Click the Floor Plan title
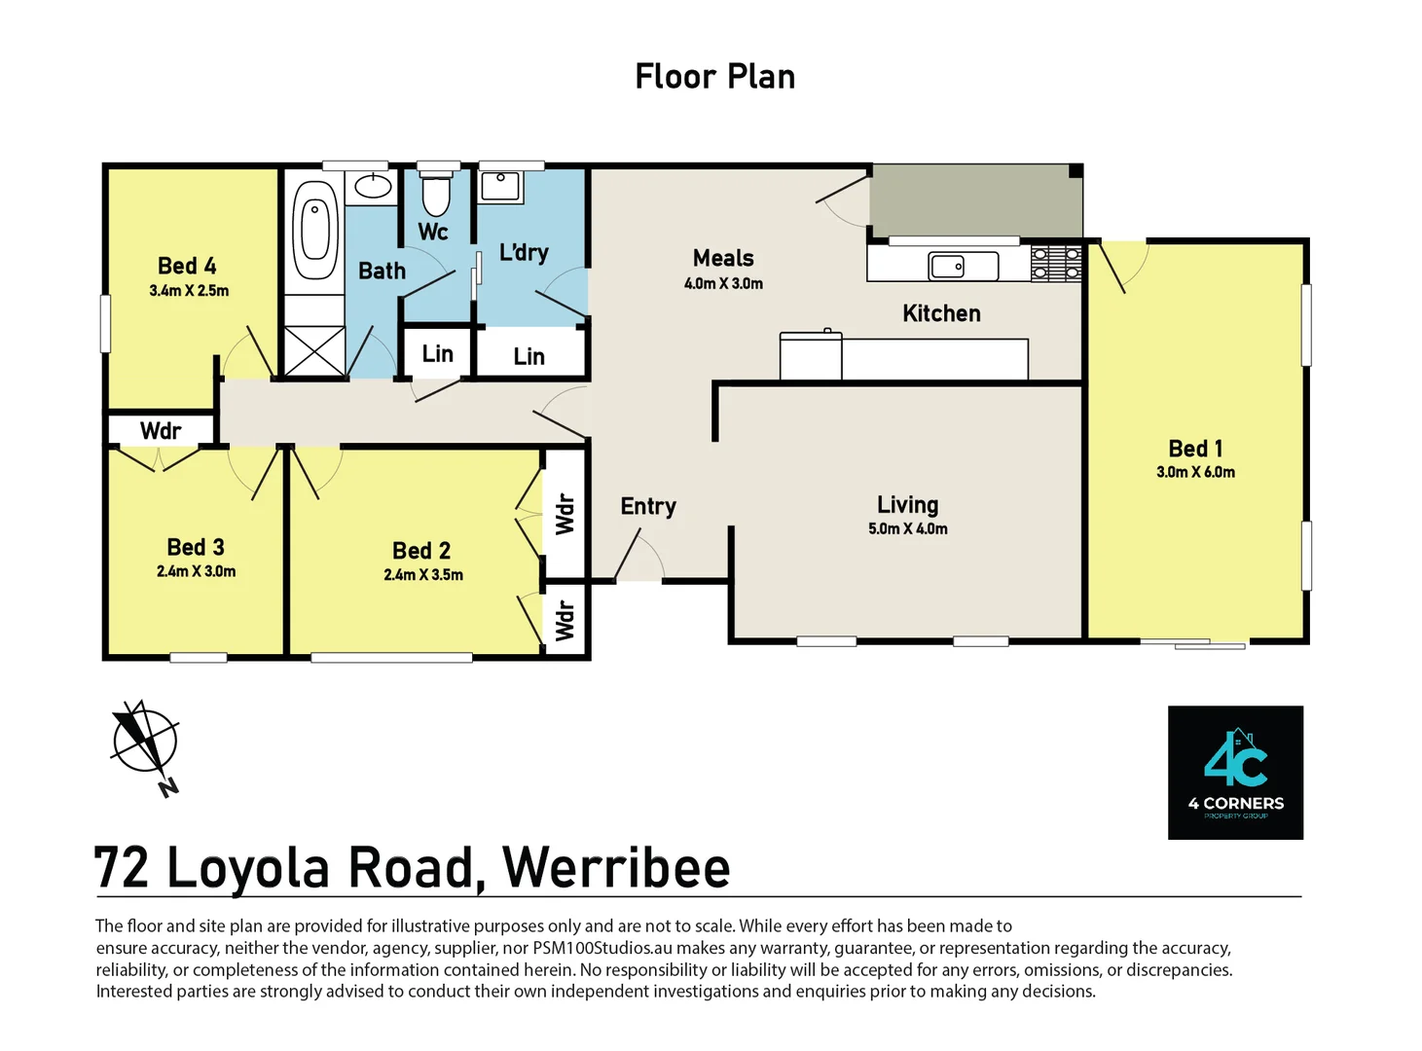(x=714, y=76)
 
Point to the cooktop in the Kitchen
(x=1056, y=263)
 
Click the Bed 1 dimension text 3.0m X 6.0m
(x=1195, y=472)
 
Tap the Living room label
(x=907, y=504)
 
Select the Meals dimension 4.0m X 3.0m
(x=723, y=283)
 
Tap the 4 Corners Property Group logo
(x=1235, y=772)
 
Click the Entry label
(x=648, y=506)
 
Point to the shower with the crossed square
(x=314, y=350)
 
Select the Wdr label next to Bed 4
(x=161, y=430)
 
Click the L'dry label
(x=524, y=252)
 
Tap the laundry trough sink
(x=500, y=185)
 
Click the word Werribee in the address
(x=616, y=868)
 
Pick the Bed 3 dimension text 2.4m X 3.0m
(x=196, y=571)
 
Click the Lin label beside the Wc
(x=437, y=353)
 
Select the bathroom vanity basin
(x=371, y=185)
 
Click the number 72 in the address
(x=122, y=868)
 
